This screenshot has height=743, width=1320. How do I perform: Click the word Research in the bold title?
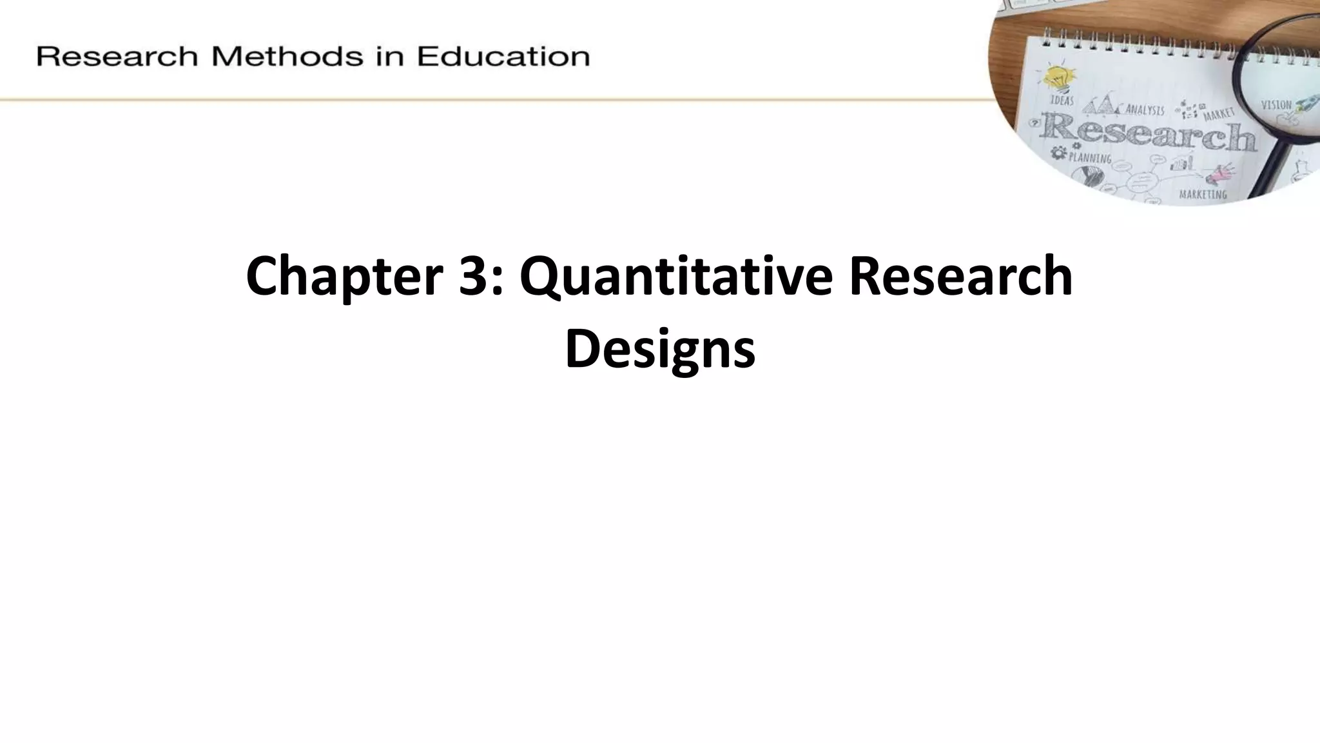point(960,276)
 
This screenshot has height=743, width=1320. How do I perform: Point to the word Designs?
point(659,350)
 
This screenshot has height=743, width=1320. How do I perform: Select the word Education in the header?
point(503,56)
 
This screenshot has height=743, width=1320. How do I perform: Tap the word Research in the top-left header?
point(117,56)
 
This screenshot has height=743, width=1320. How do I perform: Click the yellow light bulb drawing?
point(1058,78)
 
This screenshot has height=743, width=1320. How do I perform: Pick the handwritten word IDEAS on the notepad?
point(1062,101)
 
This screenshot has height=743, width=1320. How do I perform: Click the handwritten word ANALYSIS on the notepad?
point(1145,110)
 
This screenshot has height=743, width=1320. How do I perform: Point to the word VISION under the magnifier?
point(1276,104)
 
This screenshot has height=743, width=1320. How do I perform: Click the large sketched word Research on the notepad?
point(1147,134)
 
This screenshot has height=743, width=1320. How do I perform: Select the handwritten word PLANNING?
point(1090,157)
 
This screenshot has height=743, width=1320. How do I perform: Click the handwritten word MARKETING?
point(1203,193)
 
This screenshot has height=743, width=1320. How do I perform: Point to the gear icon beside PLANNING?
point(1058,153)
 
